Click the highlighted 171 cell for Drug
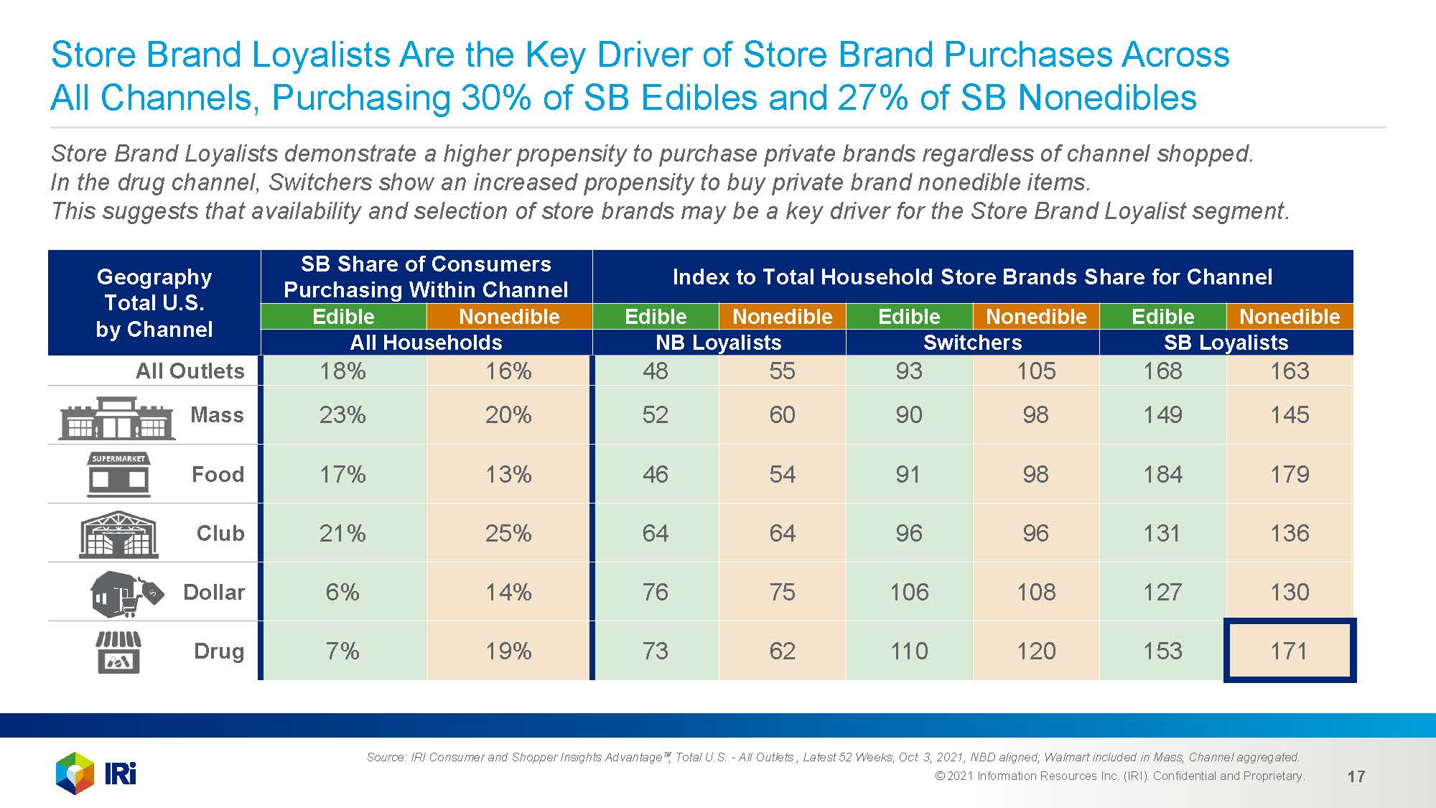tap(1290, 651)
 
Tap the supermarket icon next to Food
tap(118, 475)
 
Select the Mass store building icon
tap(117, 418)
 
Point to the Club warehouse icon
tap(118, 534)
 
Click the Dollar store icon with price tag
tap(126, 593)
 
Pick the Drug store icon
tap(118, 651)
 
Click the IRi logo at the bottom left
tap(95, 773)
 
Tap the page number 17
tap(1356, 776)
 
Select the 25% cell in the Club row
tap(508, 533)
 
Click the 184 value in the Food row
tap(1162, 474)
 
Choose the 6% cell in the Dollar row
tap(342, 592)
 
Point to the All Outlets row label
tap(190, 371)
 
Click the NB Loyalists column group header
tap(718, 343)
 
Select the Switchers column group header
tap(972, 343)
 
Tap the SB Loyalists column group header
tap(1226, 343)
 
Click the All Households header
tap(426, 343)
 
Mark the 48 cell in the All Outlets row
tap(655, 371)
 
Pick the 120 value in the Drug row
tap(1036, 651)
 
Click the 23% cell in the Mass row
tap(342, 414)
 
